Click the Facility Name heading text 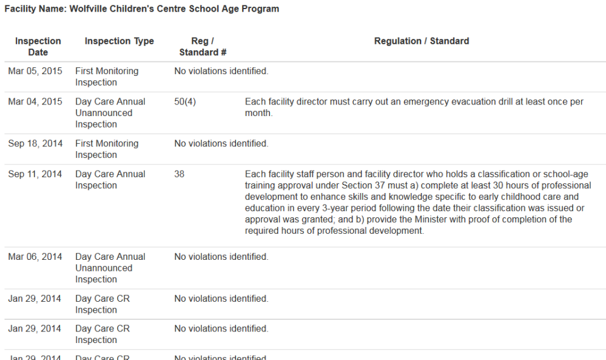tap(142, 9)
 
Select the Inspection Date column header tap(38, 47)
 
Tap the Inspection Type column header tap(120, 41)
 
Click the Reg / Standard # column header tap(203, 47)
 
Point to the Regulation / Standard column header tap(421, 41)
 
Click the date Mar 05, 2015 tap(35, 71)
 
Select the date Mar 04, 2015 tap(35, 101)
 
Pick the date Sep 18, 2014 tap(35, 143)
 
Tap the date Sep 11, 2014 tap(35, 174)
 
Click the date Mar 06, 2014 tap(35, 257)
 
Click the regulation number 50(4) tap(185, 101)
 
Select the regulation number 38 tap(180, 174)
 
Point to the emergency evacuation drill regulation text tap(414, 107)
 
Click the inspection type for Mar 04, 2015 tap(110, 113)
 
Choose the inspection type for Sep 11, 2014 tap(110, 180)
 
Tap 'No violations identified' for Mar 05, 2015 tap(221, 71)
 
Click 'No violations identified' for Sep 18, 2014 tap(221, 143)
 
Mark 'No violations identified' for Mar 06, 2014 tap(221, 257)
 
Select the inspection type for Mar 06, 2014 tap(110, 268)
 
